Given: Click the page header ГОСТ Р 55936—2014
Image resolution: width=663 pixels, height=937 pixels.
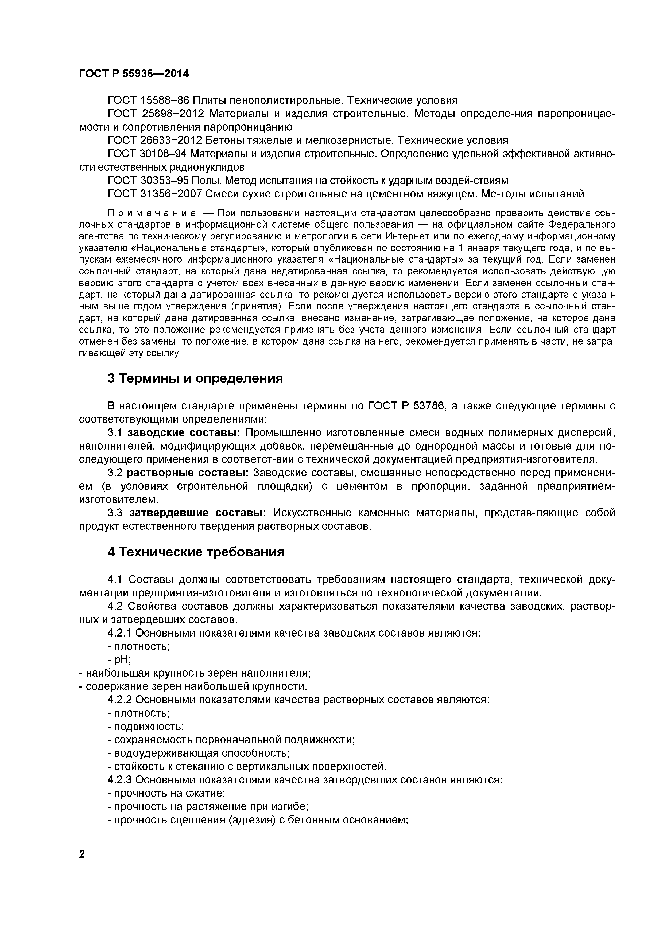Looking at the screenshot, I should pos(134,73).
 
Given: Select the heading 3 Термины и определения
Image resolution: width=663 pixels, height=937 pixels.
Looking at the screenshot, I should pos(195,378).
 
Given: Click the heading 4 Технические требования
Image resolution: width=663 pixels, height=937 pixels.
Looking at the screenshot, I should pos(196,552).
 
